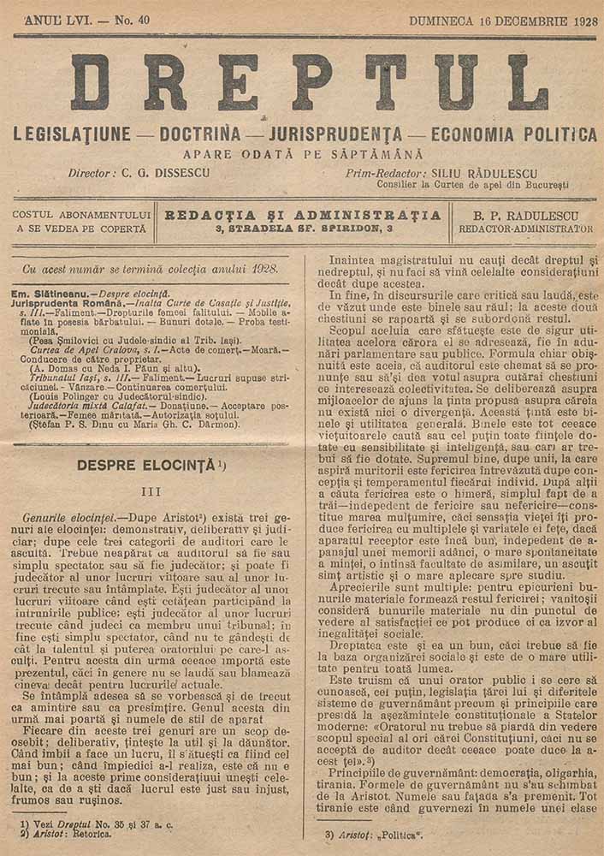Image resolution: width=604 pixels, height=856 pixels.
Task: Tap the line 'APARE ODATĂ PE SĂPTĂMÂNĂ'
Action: point(303,155)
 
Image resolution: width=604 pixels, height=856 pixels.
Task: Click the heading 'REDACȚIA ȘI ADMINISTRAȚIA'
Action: point(304,215)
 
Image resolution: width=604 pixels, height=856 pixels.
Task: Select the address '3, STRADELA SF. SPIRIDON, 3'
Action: point(304,229)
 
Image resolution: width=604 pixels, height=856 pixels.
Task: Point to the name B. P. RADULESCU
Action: point(525,215)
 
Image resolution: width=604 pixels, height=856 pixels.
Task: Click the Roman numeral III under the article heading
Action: point(151,492)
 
